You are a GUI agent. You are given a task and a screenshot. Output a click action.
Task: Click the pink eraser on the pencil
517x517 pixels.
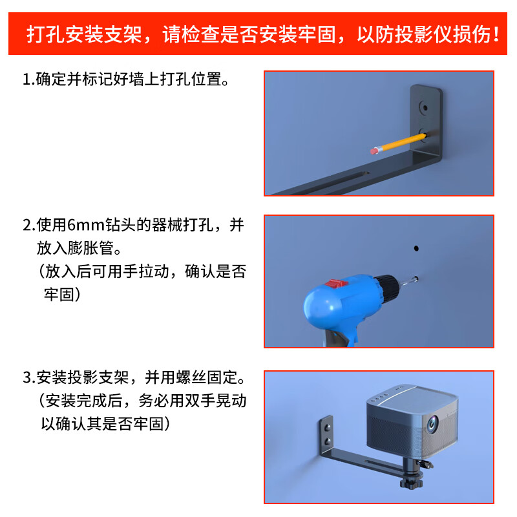(x=374, y=151)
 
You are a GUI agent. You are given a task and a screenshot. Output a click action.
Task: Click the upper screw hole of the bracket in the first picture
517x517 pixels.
(x=425, y=105)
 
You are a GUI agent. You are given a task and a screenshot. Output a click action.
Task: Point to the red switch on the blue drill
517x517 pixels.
(x=334, y=284)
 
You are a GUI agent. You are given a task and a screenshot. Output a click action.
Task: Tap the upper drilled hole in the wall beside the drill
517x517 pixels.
(x=416, y=248)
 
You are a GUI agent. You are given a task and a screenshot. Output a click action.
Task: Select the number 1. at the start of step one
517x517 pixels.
(x=28, y=79)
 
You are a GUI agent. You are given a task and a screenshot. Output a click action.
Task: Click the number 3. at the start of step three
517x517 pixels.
(x=28, y=377)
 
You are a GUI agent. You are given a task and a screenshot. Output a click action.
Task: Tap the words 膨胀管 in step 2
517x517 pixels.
(x=94, y=248)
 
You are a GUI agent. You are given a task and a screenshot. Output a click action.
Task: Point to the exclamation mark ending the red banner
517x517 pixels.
(x=496, y=34)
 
